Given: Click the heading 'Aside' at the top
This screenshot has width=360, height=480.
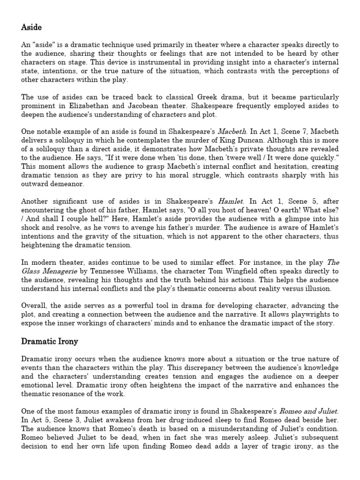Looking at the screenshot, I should [x=31, y=28].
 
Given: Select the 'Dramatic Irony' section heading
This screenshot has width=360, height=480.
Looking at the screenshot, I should [x=49, y=341].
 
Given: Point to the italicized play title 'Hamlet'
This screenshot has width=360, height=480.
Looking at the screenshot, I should [x=244, y=201].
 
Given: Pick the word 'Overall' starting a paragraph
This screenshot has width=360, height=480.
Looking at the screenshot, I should [x=34, y=305].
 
